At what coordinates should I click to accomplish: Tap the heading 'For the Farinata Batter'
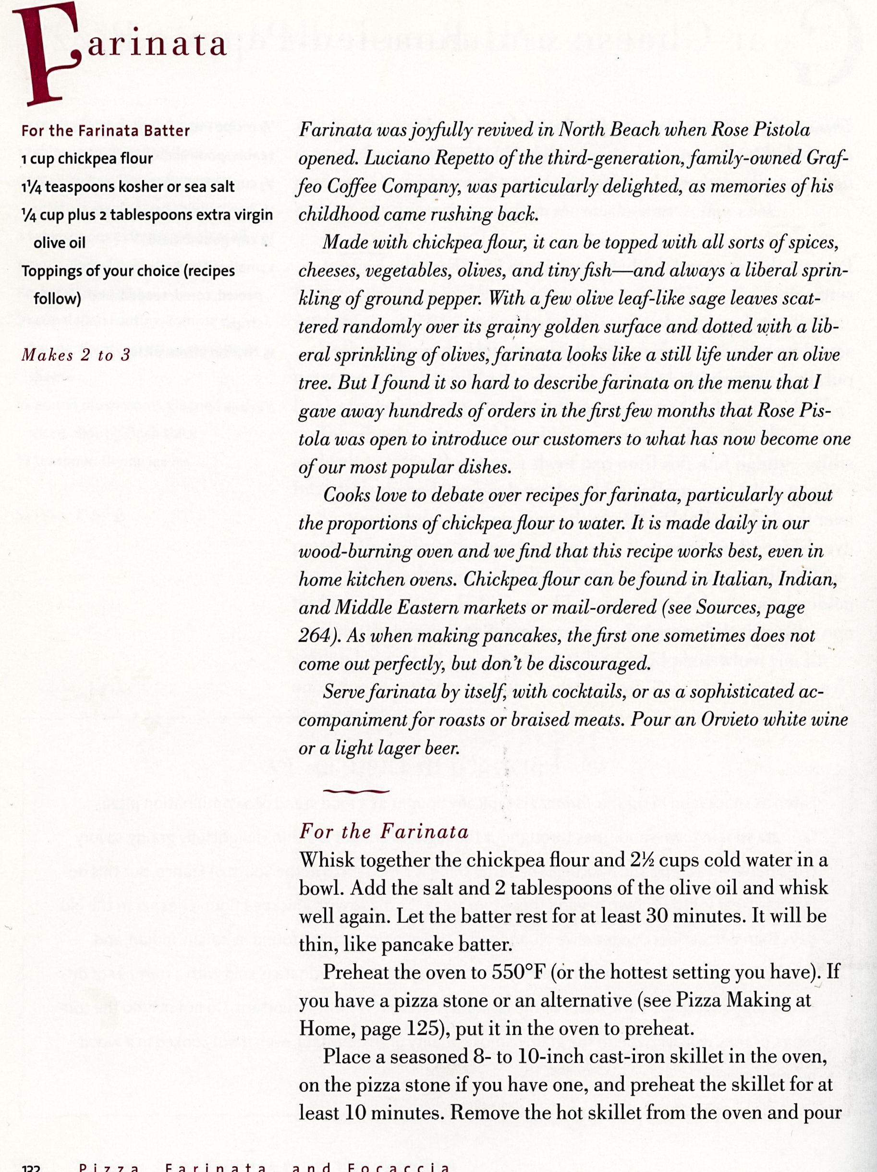106,131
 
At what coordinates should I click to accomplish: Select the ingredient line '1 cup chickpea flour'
87,159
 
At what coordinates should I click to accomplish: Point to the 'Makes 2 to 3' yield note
76,355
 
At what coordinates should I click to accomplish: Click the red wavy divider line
355,792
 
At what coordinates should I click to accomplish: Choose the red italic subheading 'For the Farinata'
384,831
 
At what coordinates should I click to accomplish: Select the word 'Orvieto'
733,720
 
